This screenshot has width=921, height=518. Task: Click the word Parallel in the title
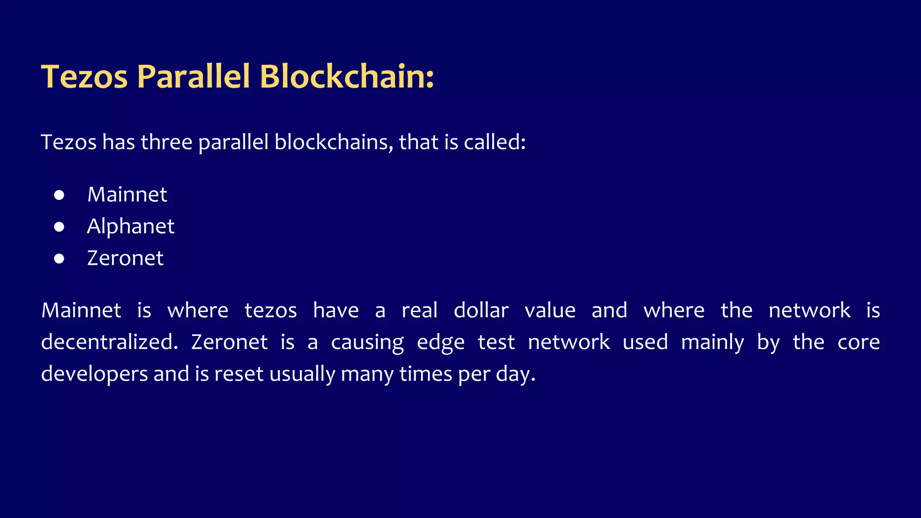[193, 76]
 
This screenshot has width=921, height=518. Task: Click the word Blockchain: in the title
[347, 76]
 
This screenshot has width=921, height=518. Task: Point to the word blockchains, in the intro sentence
[334, 142]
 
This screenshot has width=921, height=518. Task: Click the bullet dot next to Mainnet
[59, 195]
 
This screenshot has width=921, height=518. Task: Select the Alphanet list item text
[130, 226]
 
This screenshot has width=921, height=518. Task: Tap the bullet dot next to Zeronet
[59, 259]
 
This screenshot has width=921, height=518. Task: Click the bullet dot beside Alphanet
[59, 227]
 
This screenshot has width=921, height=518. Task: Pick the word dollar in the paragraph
[481, 310]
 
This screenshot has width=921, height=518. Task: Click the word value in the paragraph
[550, 310]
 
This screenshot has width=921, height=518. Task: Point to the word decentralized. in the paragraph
[109, 342]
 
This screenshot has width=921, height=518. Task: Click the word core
[858, 342]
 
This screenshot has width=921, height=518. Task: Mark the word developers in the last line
[94, 374]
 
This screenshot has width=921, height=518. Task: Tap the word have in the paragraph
[336, 310]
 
